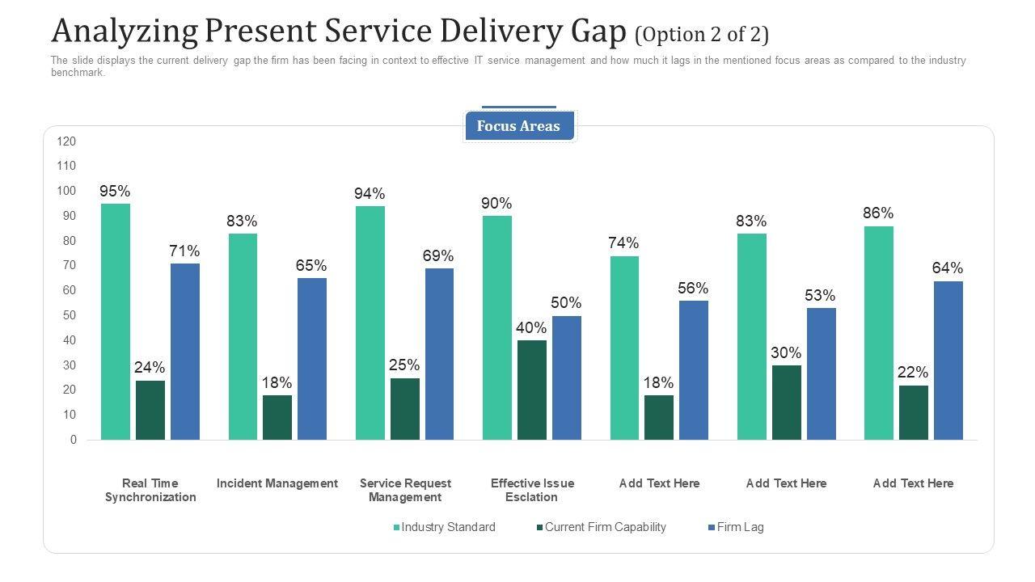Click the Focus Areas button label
(518, 126)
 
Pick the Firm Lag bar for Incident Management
(312, 359)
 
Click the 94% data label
(370, 194)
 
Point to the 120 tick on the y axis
(66, 141)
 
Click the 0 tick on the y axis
(74, 440)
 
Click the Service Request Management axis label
(405, 490)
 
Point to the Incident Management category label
(277, 483)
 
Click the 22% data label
(913, 373)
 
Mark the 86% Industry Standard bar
(879, 333)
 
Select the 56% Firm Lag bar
(694, 370)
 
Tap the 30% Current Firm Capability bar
(787, 403)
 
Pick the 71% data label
(184, 251)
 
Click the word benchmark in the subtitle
(78, 73)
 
